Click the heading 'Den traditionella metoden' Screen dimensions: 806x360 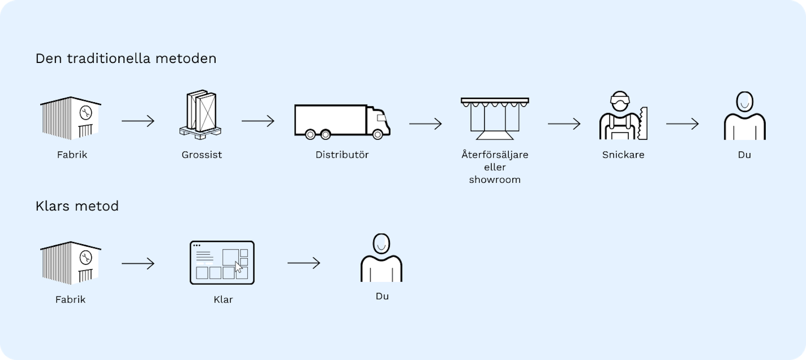(x=126, y=58)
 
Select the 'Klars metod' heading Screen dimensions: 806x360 (x=77, y=206)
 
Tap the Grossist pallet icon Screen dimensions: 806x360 (x=200, y=114)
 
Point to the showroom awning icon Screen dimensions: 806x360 (x=495, y=118)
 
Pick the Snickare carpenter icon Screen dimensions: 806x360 (x=623, y=115)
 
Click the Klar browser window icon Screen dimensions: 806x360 (x=222, y=262)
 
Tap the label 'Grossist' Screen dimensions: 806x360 (x=201, y=155)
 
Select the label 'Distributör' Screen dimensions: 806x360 (x=342, y=155)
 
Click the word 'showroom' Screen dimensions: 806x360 (x=495, y=179)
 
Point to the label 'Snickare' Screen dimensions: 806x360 (x=623, y=155)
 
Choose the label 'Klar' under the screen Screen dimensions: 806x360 (x=223, y=299)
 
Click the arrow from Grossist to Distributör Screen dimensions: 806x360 (x=258, y=121)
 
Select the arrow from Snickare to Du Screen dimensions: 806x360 (x=682, y=124)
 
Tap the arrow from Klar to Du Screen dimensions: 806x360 (x=304, y=263)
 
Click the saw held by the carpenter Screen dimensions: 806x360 (x=643, y=123)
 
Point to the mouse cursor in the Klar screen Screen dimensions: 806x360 (x=239, y=267)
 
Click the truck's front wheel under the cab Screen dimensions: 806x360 (x=377, y=134)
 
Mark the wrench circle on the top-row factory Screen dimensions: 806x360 (x=86, y=112)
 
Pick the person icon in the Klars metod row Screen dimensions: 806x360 (x=381, y=257)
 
